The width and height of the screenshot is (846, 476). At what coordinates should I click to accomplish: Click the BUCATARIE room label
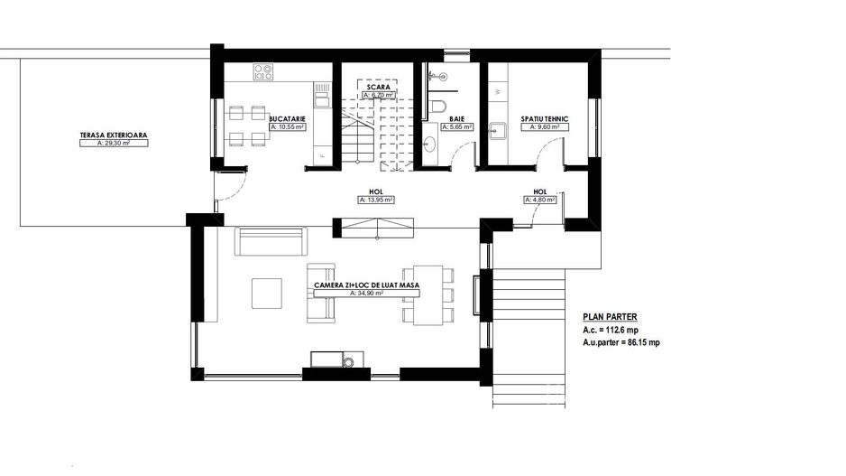(289, 118)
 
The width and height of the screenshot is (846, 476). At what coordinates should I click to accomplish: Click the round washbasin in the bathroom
(428, 143)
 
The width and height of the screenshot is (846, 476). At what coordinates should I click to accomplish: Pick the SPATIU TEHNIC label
(540, 118)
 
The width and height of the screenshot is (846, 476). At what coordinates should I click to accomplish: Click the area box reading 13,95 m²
(375, 200)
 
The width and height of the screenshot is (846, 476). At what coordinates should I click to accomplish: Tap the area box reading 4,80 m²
(539, 200)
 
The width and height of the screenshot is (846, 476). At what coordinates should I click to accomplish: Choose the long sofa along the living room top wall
(270, 241)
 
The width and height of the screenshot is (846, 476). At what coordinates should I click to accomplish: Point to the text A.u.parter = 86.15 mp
(621, 343)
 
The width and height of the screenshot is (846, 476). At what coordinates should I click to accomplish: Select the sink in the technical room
(495, 129)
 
